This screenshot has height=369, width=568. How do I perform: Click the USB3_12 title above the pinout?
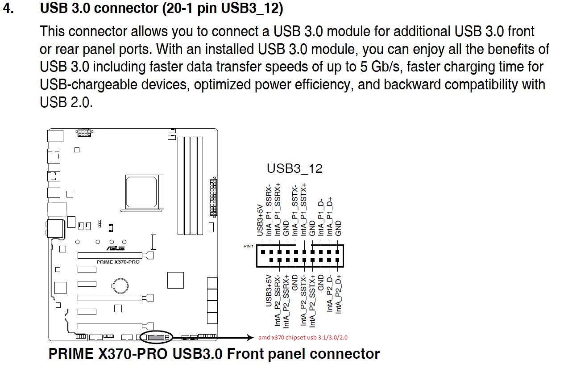294,168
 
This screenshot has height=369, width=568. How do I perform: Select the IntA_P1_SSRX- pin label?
269,209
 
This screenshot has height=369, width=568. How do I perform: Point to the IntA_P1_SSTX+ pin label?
304,209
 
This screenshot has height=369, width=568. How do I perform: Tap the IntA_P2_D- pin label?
329,293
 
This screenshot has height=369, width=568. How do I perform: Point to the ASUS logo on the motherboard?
115,248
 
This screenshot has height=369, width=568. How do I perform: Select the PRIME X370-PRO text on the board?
118,262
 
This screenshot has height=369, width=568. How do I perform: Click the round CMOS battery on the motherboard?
120,284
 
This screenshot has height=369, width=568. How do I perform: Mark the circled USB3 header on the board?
155,337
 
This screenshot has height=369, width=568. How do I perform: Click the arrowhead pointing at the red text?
250,337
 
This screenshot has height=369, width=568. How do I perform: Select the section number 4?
9,8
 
